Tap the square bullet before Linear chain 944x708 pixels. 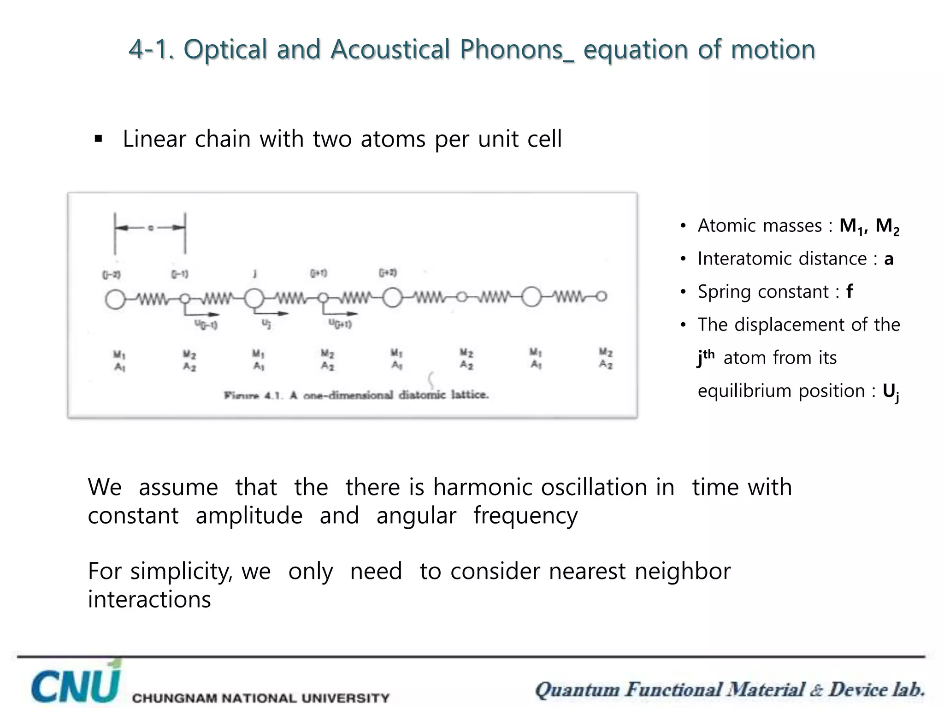(98, 139)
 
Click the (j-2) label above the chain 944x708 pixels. (111, 275)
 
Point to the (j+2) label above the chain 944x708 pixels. (388, 273)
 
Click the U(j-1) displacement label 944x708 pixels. (206, 325)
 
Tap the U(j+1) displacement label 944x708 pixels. (340, 324)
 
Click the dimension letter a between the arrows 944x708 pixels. (150, 228)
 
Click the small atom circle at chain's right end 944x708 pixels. (602, 296)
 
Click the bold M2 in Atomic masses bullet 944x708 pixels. (887, 226)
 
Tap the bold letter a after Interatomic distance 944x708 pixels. (888, 259)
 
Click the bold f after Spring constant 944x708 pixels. (849, 292)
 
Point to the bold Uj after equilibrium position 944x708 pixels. (891, 392)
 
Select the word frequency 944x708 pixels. (525, 516)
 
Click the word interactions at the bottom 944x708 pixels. (149, 600)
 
